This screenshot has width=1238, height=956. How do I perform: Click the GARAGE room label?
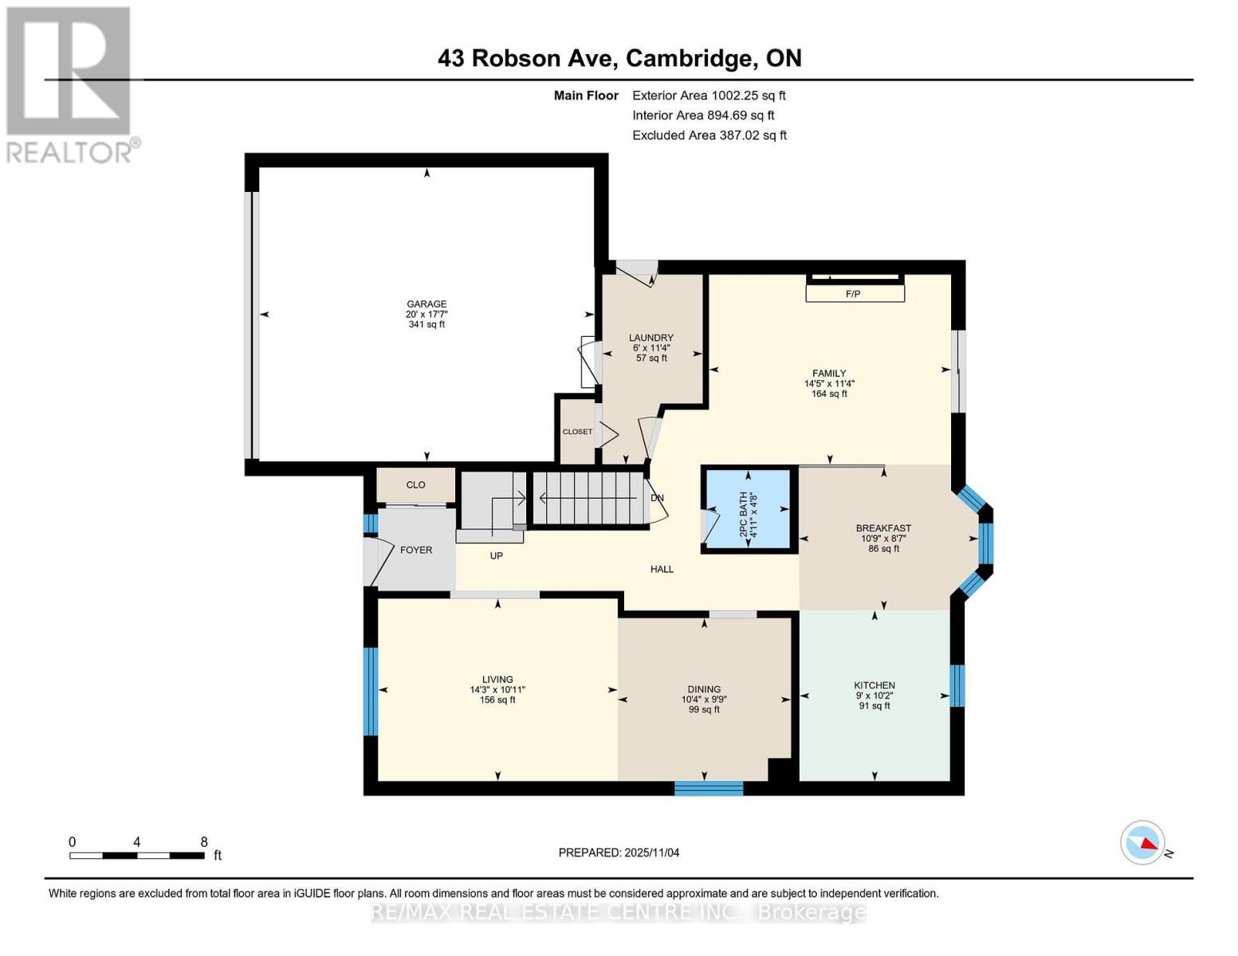point(426,304)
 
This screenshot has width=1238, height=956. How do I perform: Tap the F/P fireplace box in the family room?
point(854,294)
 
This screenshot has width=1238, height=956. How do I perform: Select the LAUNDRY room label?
point(650,338)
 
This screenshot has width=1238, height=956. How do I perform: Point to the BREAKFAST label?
point(883,528)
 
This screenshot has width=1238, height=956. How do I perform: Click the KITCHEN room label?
point(874,685)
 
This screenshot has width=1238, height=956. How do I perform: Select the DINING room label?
point(704,689)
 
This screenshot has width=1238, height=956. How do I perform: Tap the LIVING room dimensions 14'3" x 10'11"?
point(497,690)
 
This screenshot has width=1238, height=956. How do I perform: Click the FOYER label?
point(416,550)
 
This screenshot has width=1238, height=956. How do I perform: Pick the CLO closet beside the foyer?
point(415,484)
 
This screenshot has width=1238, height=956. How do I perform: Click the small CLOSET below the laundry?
point(577,432)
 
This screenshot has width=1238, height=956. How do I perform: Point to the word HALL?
point(662,569)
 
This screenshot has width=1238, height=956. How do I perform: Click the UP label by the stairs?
point(497,555)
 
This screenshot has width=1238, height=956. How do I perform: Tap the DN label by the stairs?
point(657,498)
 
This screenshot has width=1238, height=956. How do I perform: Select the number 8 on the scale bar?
point(204,842)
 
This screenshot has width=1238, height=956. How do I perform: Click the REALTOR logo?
point(70,84)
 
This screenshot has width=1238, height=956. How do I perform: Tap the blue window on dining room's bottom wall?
point(709,789)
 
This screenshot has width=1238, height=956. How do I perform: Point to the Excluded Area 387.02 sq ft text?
point(709,135)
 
